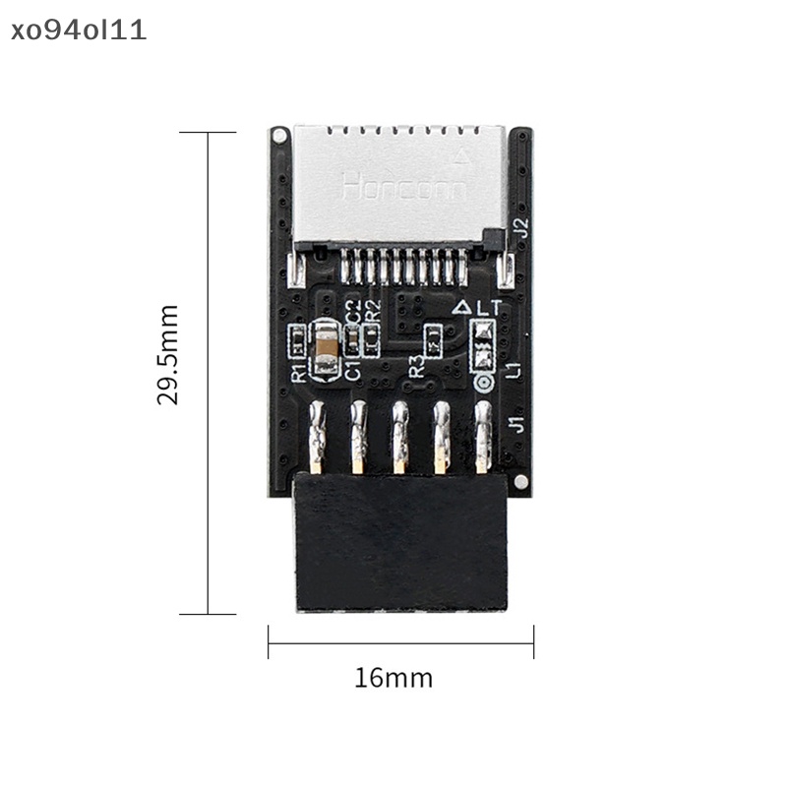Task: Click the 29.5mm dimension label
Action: click(x=168, y=355)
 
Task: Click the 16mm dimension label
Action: click(x=393, y=678)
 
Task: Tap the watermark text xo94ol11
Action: click(x=75, y=30)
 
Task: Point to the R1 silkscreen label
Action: click(x=297, y=372)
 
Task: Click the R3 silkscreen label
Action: click(x=418, y=367)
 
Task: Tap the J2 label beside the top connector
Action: click(x=522, y=226)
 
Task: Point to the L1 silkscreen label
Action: click(x=512, y=370)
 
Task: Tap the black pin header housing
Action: click(x=401, y=541)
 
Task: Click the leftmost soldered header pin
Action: click(x=316, y=438)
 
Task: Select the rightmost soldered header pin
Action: click(x=483, y=438)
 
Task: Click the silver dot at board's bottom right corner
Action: click(x=518, y=482)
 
